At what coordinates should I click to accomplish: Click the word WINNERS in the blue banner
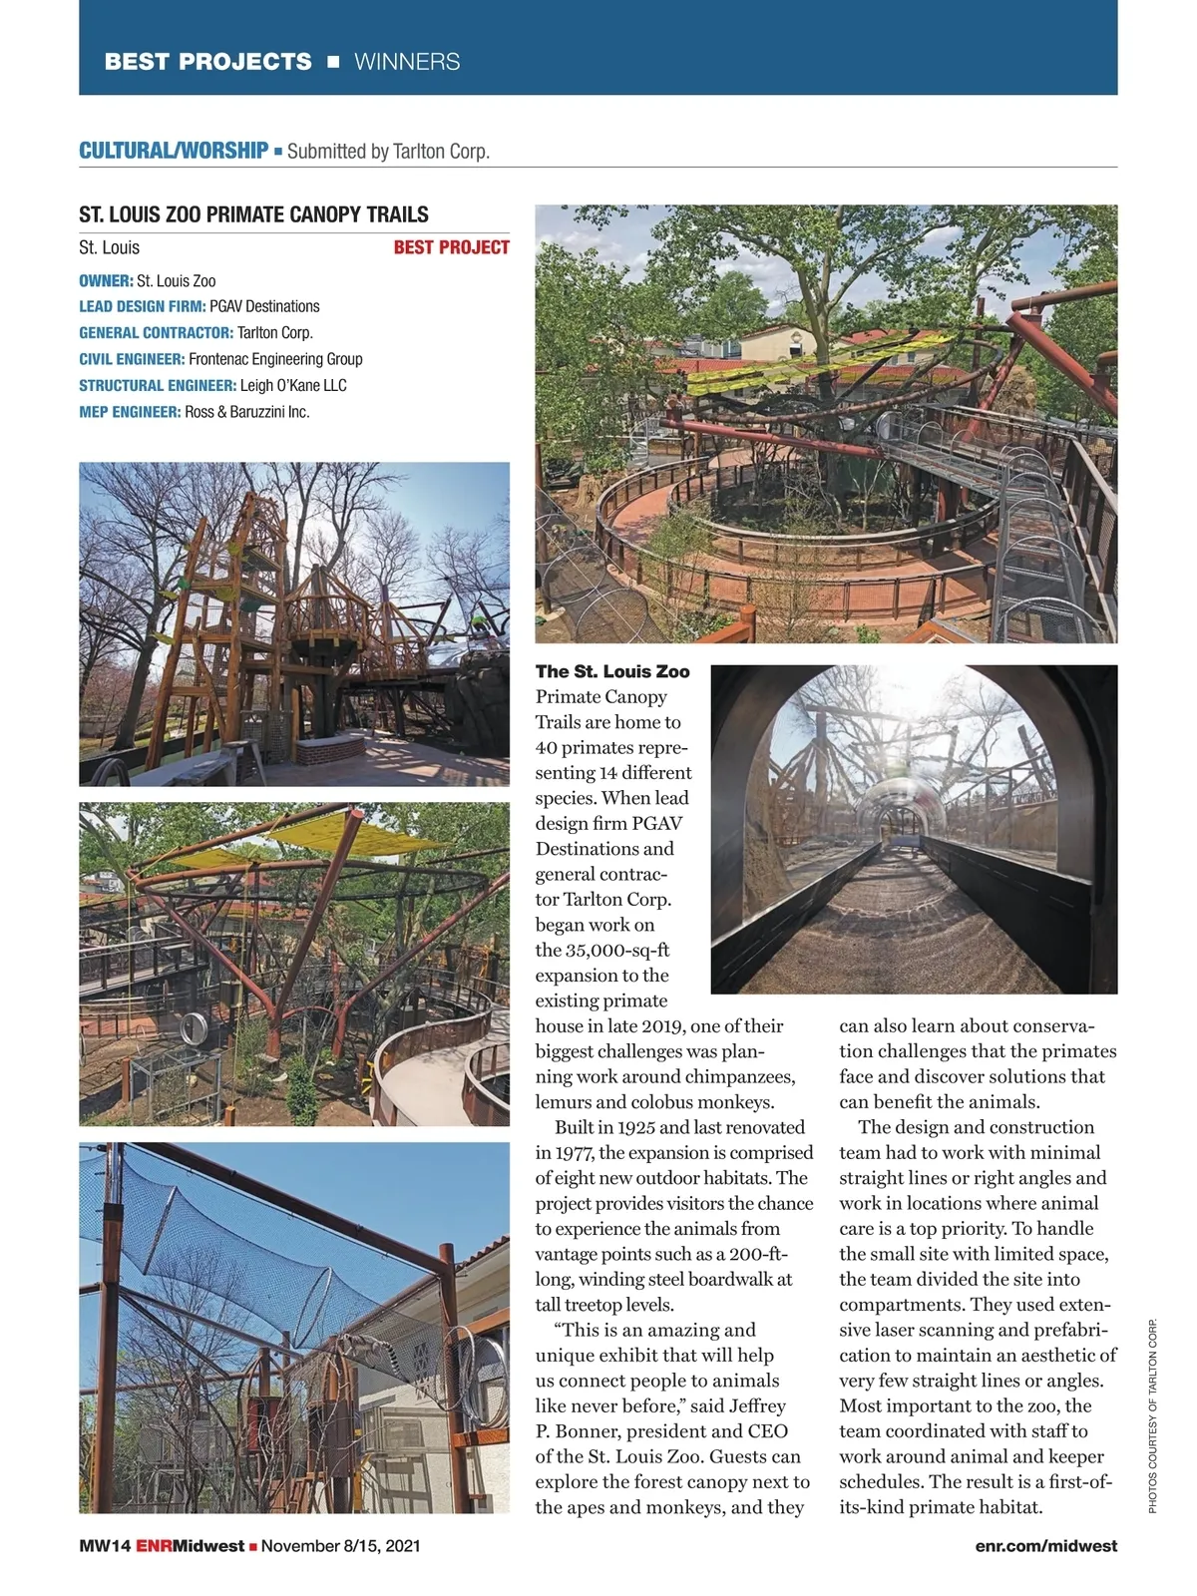407,62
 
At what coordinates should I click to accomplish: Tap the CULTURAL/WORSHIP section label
174,151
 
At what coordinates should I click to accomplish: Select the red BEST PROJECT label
451,247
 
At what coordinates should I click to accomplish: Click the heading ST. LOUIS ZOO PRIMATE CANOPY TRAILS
253,214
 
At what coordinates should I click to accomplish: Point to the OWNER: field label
106,281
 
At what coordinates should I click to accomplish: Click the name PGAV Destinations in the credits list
264,306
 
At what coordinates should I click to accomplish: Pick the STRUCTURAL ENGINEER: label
158,385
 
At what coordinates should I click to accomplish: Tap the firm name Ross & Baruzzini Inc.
247,412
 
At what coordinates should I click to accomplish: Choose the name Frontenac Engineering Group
275,359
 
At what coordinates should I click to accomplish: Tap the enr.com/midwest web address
1046,1546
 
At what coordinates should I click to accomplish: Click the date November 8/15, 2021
340,1546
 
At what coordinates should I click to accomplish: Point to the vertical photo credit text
1152,1416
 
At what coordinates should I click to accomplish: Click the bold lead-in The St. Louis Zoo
612,671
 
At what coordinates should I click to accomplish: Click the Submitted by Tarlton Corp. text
388,152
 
